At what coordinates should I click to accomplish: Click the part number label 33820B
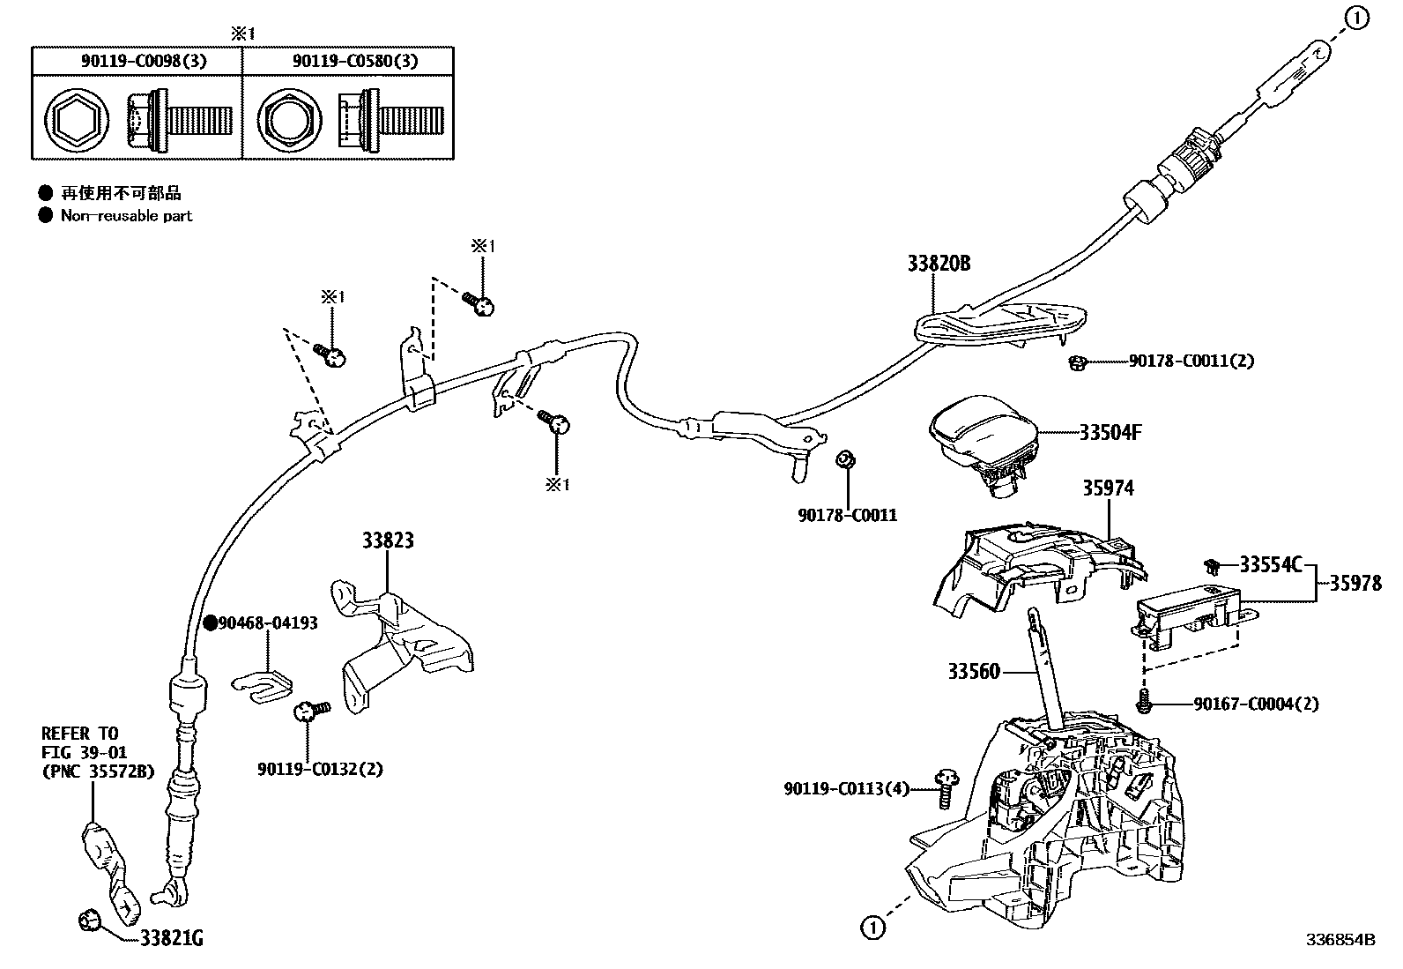939,264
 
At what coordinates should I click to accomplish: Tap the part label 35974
1108,488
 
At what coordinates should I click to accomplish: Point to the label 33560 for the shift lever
974,672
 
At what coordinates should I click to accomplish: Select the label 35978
1355,583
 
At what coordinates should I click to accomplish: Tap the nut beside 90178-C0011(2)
1076,362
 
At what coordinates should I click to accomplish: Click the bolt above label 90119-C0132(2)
309,710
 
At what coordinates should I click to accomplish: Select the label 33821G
172,940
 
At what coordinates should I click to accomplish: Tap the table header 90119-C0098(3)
137,61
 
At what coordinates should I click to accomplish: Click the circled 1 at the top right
1358,17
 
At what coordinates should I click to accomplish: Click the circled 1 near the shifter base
872,927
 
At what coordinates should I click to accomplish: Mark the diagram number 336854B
1340,940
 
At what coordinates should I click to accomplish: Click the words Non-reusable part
126,216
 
